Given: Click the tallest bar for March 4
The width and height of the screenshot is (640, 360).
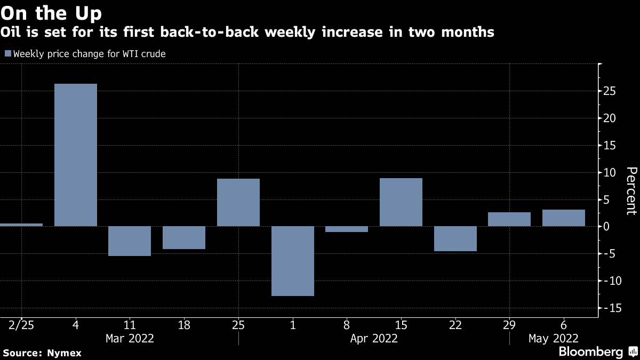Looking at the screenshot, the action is (x=76, y=155).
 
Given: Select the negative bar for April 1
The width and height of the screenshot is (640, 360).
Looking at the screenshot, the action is (x=293, y=261).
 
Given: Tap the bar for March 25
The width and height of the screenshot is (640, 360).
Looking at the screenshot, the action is (x=238, y=202).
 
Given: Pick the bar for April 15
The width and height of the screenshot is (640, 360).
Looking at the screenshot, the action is (x=401, y=202).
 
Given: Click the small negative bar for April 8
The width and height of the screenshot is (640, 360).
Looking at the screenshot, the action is (x=347, y=229).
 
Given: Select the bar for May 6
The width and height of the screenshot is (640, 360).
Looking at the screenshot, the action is (x=563, y=218).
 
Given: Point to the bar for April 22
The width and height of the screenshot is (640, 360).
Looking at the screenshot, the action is (x=455, y=238).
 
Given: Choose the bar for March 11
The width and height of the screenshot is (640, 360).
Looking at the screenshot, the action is (x=130, y=241).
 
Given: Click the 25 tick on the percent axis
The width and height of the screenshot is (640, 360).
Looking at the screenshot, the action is (x=610, y=91).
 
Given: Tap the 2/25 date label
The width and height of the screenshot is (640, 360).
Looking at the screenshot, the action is (x=21, y=325).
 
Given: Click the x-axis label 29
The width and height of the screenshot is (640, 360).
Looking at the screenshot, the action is (x=509, y=325).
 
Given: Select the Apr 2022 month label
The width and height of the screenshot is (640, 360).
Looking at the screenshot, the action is (x=374, y=339).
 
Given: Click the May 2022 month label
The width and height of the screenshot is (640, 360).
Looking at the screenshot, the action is (x=554, y=339).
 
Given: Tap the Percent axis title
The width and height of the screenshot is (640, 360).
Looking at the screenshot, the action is (x=631, y=191).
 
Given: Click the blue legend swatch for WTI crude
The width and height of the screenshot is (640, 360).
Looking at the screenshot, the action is (x=8, y=53).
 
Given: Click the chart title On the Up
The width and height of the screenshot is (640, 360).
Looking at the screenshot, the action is (x=51, y=13).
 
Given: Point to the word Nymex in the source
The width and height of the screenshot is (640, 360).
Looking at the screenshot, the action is (x=64, y=353).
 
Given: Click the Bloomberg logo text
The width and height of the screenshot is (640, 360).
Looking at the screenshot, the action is (x=590, y=351).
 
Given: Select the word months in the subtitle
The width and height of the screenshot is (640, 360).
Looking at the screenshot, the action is (x=468, y=31).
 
